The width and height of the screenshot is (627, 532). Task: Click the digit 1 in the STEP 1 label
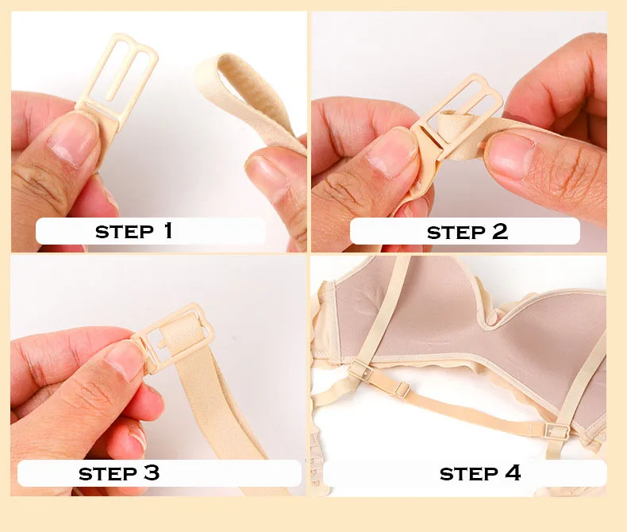tap(168, 230)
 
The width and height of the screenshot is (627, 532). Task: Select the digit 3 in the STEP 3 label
tap(152, 472)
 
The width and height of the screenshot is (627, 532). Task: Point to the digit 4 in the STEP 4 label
tap(513, 472)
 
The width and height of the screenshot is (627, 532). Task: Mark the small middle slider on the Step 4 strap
tap(402, 389)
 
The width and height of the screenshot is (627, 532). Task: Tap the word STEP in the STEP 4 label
tap(468, 474)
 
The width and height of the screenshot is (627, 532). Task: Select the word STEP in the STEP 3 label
tap(108, 474)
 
